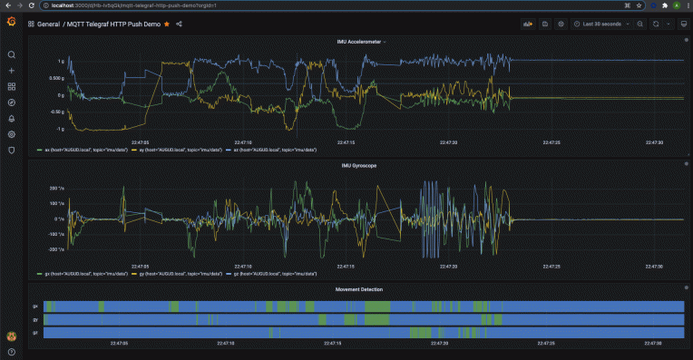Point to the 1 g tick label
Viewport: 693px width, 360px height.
click(x=61, y=62)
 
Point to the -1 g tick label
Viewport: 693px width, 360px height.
click(x=60, y=129)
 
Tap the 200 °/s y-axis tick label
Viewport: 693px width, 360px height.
click(x=56, y=188)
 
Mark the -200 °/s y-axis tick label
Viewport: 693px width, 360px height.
click(x=55, y=248)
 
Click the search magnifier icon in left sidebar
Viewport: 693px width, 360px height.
click(x=12, y=54)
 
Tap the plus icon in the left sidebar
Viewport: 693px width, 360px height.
click(x=12, y=71)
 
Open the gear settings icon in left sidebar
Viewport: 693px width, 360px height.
click(x=12, y=134)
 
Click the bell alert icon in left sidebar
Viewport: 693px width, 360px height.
click(x=12, y=118)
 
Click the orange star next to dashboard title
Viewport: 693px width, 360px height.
click(x=167, y=24)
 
